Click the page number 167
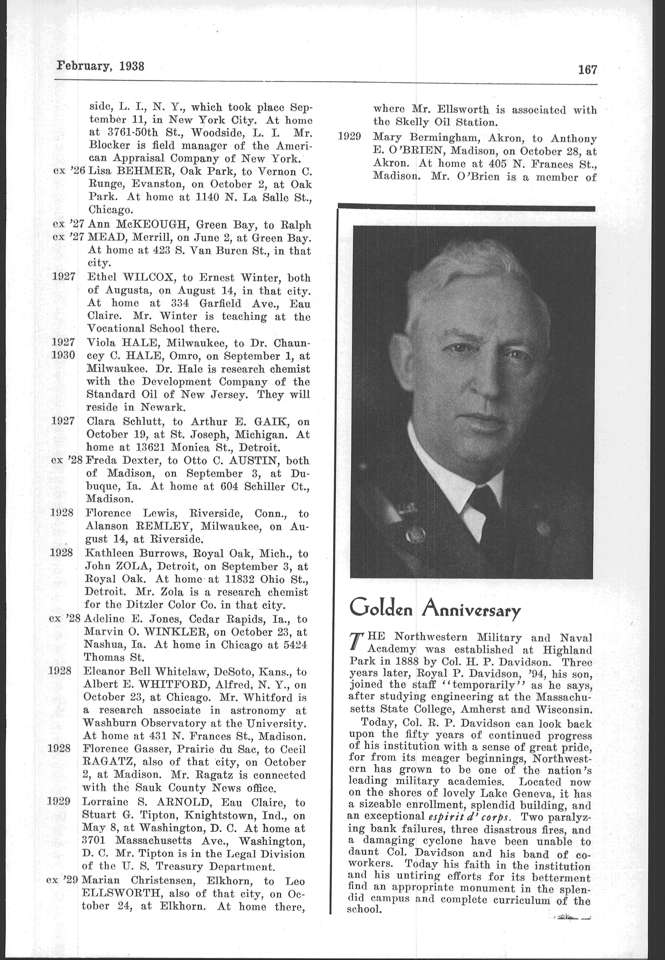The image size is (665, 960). pos(587,70)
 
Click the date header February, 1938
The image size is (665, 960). pos(101,66)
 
